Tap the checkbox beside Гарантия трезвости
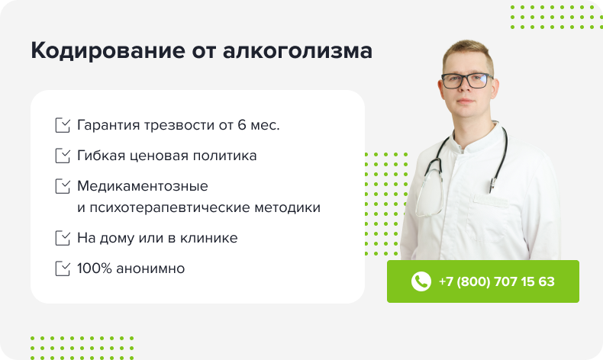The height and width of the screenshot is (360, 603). pyautogui.click(x=63, y=125)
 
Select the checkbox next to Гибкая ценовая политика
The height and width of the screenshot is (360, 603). pyautogui.click(x=63, y=156)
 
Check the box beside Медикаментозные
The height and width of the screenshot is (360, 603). pyautogui.click(x=63, y=186)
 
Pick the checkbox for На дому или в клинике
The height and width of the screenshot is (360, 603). pyautogui.click(x=63, y=238)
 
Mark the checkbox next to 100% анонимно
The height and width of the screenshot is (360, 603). pyautogui.click(x=63, y=268)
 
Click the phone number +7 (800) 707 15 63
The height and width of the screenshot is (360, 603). pyautogui.click(x=496, y=281)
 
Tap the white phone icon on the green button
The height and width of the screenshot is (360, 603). pyautogui.click(x=421, y=281)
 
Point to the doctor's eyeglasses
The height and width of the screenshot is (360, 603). pyautogui.click(x=466, y=79)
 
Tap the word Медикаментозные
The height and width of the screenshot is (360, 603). pyautogui.click(x=143, y=186)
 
